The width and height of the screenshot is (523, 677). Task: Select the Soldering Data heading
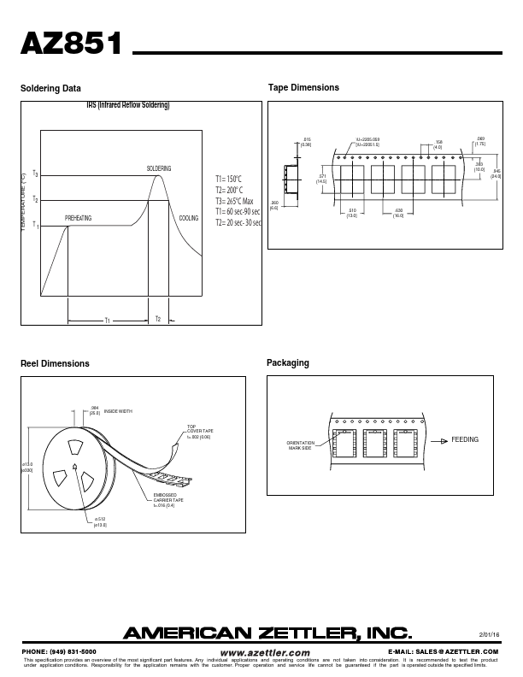click(x=51, y=88)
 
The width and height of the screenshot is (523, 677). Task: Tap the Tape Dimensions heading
click(x=303, y=88)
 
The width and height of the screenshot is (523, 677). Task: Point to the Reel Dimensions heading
click(x=55, y=363)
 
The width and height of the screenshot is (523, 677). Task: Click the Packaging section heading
click(x=288, y=363)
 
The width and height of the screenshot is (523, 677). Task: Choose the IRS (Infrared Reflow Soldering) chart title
click(x=128, y=105)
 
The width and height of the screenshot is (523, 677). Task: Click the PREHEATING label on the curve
click(x=78, y=219)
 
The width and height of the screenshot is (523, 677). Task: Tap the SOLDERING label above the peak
click(x=159, y=168)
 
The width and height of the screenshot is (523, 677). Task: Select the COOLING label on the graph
click(x=189, y=219)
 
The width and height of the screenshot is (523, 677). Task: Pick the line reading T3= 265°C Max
click(x=234, y=201)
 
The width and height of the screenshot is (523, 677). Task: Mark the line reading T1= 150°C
click(x=228, y=179)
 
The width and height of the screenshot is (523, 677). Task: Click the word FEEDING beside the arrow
click(x=465, y=439)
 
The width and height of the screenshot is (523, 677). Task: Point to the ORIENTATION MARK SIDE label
click(x=301, y=444)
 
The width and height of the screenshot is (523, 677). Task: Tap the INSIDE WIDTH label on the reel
click(x=118, y=411)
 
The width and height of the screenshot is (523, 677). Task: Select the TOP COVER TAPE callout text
click(x=200, y=432)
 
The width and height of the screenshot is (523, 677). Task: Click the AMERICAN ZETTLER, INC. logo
click(x=268, y=633)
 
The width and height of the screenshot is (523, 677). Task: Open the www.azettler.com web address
click(x=265, y=651)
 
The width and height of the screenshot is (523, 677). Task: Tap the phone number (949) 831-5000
click(x=59, y=651)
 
